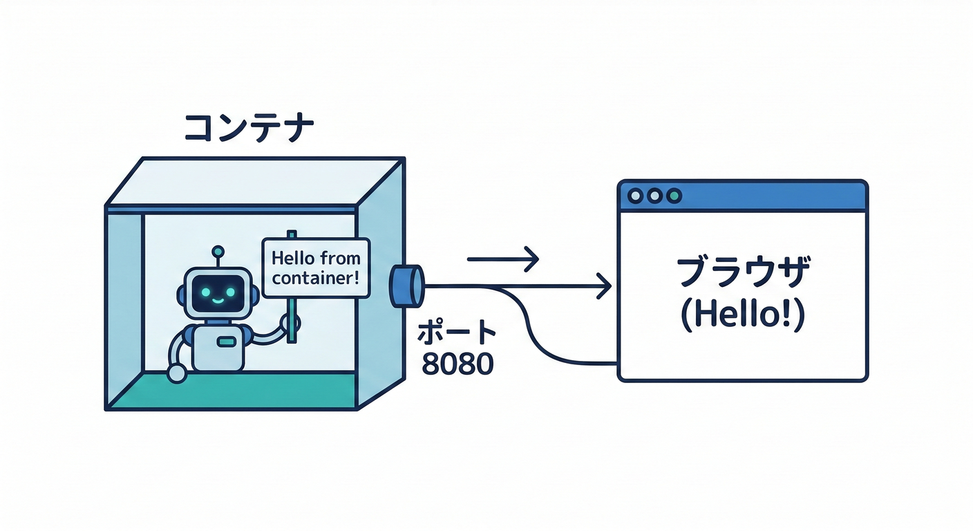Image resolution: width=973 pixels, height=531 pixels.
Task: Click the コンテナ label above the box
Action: click(x=249, y=129)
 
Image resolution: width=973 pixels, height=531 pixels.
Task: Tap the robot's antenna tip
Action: click(x=218, y=250)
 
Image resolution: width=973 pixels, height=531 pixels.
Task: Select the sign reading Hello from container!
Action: click(x=316, y=268)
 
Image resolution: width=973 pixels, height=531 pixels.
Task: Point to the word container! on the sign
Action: click(x=316, y=280)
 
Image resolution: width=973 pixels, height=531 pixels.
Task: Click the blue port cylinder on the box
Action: click(x=406, y=285)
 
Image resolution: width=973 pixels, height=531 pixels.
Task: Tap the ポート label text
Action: click(x=457, y=333)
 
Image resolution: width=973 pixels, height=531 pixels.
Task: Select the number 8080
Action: click(x=457, y=364)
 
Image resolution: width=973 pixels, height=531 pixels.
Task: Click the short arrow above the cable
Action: click(x=502, y=259)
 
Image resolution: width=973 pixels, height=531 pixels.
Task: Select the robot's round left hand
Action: click(x=177, y=374)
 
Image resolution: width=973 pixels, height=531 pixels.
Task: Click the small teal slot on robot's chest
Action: click(x=227, y=342)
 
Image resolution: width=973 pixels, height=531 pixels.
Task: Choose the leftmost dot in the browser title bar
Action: click(x=635, y=196)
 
